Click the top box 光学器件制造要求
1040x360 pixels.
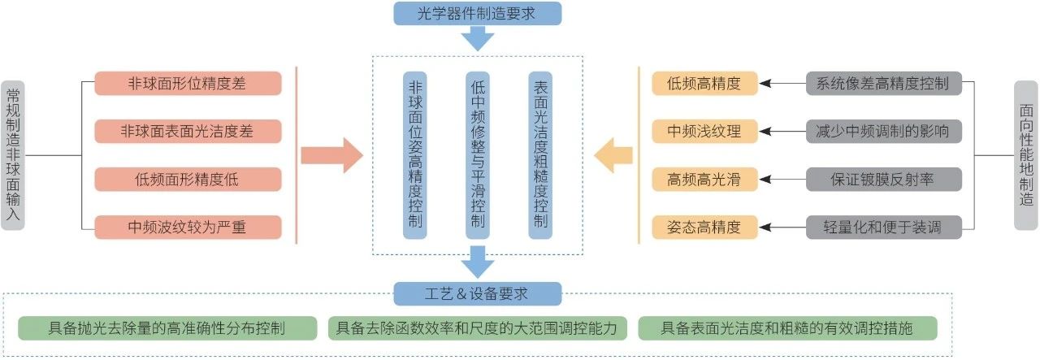[477, 13]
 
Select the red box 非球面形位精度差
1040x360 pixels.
[188, 83]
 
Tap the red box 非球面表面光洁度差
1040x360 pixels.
[188, 131]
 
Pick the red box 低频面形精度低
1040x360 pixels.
[188, 179]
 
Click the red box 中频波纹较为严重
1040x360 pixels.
[188, 227]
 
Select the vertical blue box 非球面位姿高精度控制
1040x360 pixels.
[415, 154]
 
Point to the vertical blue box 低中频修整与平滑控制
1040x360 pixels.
[478, 154]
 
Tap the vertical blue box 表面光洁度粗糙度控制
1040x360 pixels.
[540, 154]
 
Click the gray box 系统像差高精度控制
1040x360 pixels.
[884, 83]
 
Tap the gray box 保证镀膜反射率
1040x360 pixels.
[884, 179]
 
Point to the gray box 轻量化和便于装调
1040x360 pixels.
[884, 227]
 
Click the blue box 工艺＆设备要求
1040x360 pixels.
[478, 293]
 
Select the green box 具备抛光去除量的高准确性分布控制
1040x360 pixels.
[167, 328]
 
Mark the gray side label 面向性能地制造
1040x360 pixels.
[1027, 154]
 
